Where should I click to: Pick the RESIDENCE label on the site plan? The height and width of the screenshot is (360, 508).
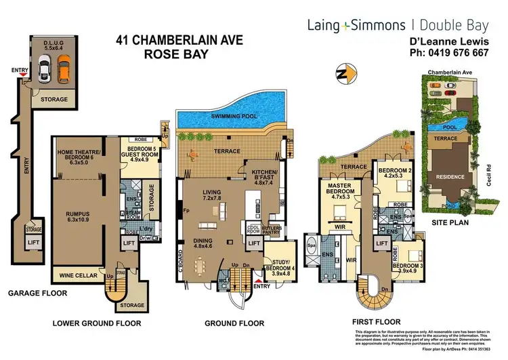pos(450,177)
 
